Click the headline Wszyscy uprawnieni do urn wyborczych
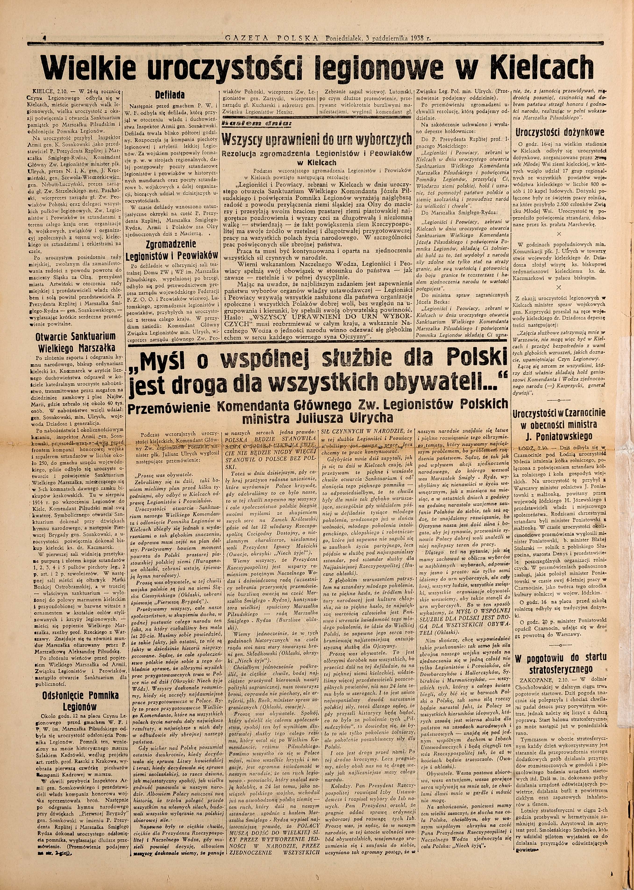coord(316,139)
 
